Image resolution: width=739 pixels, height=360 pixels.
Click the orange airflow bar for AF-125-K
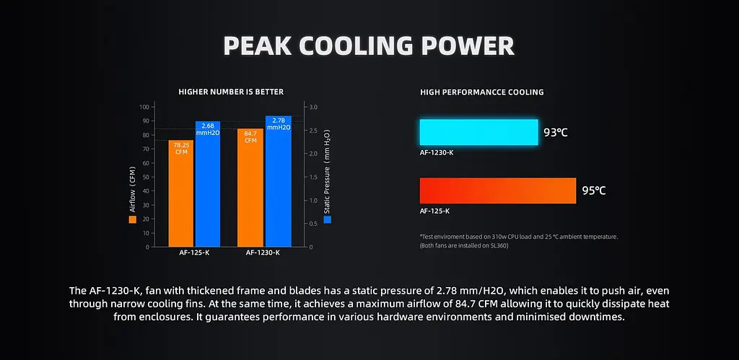(181, 193)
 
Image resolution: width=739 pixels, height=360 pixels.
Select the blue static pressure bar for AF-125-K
(208, 184)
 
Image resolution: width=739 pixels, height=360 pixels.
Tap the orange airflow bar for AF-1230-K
(250, 188)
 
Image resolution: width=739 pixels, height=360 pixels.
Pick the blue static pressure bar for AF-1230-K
(278, 181)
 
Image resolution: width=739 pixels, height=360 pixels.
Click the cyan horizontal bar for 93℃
(479, 132)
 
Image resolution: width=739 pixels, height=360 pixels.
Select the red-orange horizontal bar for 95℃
(498, 190)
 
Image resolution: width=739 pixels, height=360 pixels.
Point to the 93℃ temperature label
(556, 133)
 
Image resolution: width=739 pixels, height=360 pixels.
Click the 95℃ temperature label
(594, 191)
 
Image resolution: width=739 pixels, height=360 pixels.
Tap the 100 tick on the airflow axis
(144, 107)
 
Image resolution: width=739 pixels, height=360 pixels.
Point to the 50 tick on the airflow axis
(146, 177)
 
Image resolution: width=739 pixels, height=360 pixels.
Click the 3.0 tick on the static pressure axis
(313, 107)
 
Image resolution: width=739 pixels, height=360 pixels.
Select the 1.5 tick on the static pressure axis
(313, 177)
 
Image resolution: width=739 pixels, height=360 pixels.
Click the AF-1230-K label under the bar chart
(263, 253)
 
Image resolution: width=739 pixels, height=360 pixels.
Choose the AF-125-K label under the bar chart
(194, 253)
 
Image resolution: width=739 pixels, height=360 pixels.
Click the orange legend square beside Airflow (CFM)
(133, 219)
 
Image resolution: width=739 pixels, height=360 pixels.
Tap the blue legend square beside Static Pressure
(327, 219)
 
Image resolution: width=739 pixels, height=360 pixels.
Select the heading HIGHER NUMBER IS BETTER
(231, 92)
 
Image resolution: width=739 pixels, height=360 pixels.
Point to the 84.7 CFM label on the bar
(250, 136)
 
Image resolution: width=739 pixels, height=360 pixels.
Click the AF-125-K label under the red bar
(434, 211)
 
